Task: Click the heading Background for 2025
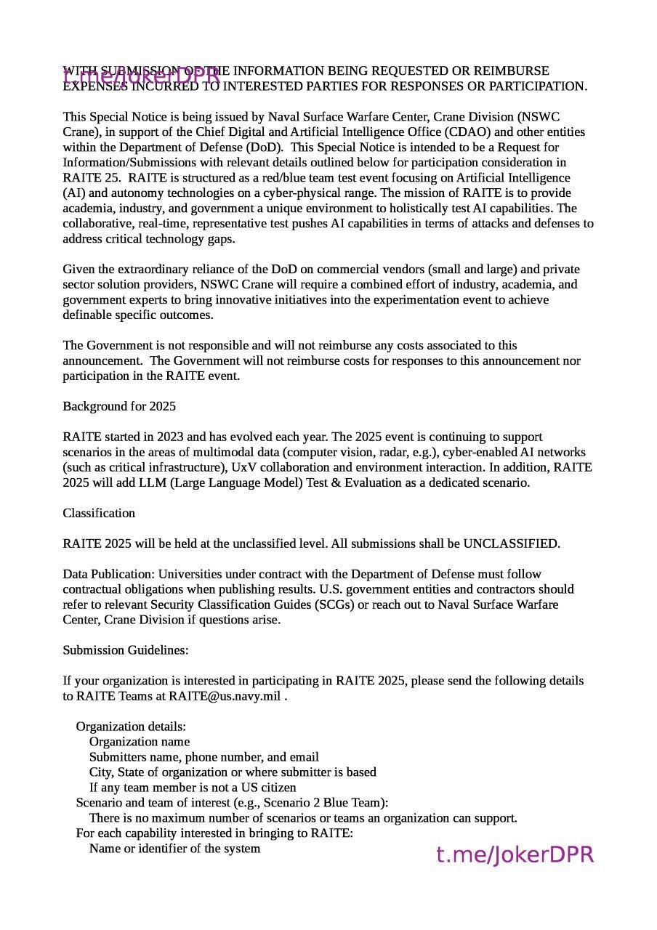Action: (x=119, y=406)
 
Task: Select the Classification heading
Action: (x=99, y=513)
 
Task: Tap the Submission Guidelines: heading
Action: (x=126, y=650)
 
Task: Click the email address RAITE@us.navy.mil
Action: (x=225, y=696)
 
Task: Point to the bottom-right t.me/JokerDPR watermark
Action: (x=515, y=855)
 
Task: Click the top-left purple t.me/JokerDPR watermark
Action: (x=141, y=75)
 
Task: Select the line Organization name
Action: (x=140, y=742)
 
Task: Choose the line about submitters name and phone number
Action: (x=203, y=757)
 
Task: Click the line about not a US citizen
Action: (x=193, y=788)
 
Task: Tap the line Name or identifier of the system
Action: (x=174, y=849)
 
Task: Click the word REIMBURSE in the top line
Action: (x=511, y=70)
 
